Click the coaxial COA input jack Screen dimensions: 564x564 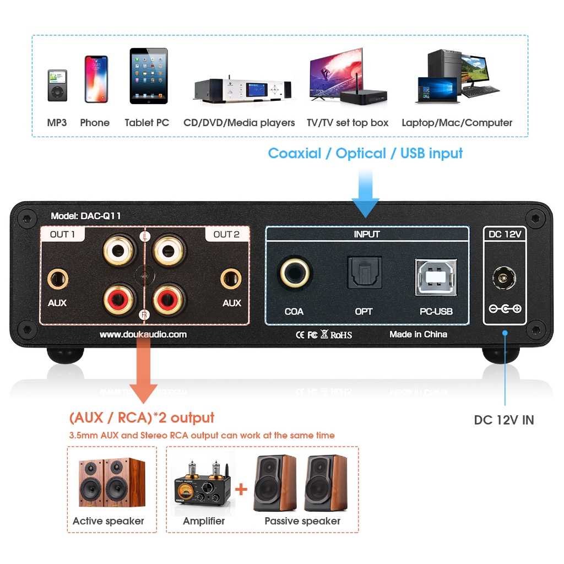coord(294,272)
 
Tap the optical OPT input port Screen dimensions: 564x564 coord(364,272)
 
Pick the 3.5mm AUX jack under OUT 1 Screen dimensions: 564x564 coord(57,279)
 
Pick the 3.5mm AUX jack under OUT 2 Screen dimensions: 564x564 coord(231,279)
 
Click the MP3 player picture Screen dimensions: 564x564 coord(57,86)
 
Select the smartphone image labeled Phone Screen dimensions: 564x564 coord(96,79)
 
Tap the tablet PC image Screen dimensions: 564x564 coord(148,76)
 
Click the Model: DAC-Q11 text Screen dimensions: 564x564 coord(85,216)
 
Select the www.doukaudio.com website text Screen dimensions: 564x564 coord(143,334)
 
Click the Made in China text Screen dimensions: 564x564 coord(418,334)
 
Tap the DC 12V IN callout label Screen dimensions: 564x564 coord(503,420)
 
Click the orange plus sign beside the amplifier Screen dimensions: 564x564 coord(241,489)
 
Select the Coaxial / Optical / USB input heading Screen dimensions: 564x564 coord(365,153)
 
